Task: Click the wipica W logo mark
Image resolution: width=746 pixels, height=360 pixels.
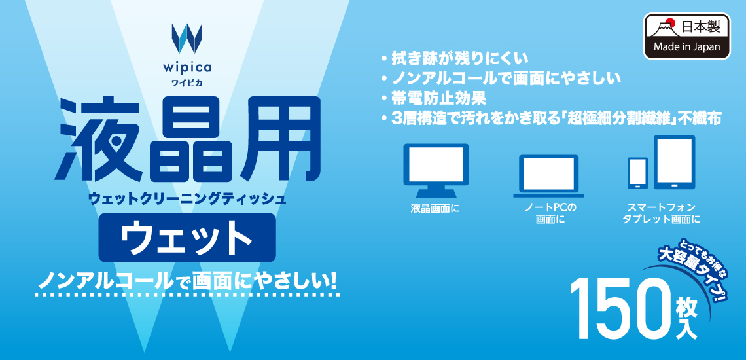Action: click(187, 38)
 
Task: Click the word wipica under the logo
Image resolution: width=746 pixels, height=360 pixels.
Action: click(187, 67)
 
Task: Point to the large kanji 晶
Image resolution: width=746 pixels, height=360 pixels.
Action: click(186, 139)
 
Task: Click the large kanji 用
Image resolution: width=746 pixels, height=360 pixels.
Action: click(276, 139)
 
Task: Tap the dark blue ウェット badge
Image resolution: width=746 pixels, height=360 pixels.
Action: click(187, 238)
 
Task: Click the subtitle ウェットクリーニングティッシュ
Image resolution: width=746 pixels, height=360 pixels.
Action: click(187, 198)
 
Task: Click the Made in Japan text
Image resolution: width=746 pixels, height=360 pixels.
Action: click(686, 48)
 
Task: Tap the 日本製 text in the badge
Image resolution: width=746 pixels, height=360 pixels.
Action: click(698, 27)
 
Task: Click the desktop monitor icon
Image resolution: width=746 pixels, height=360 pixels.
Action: click(436, 171)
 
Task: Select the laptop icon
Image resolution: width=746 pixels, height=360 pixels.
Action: click(548, 175)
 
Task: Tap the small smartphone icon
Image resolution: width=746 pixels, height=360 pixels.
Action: click(638, 173)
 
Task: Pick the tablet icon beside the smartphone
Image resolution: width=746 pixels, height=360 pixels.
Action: click(674, 162)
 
